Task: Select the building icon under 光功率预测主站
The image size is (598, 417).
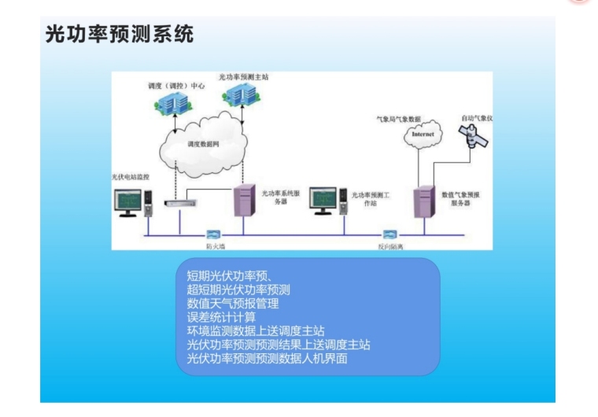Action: point(240,96)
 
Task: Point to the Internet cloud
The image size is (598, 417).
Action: point(423,135)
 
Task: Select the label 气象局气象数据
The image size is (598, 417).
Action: point(399,119)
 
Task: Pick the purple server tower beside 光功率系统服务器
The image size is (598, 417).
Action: point(245,200)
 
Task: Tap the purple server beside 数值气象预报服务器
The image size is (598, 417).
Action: point(426,201)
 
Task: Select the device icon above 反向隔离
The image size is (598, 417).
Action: point(389,234)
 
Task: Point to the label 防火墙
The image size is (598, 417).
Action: point(216,245)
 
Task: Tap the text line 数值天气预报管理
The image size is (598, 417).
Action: point(232,303)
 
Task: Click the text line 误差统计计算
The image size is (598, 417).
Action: point(220,317)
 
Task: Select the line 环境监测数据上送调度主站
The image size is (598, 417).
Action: point(255,331)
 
